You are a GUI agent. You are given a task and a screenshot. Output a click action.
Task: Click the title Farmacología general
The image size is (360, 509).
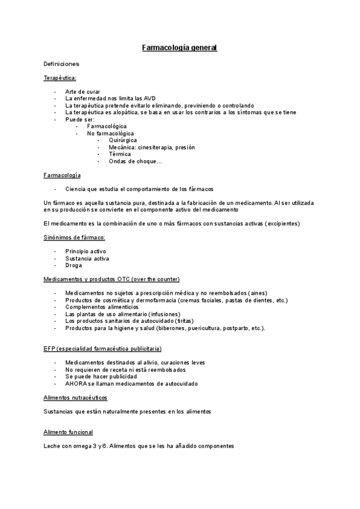pyautogui.click(x=179, y=47)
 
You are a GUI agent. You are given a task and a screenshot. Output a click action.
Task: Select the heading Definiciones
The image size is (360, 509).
pyautogui.click(x=62, y=63)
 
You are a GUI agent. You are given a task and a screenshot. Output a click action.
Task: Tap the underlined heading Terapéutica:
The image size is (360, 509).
pyautogui.click(x=60, y=77)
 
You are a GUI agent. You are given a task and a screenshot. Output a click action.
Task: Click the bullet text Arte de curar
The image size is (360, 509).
pyautogui.click(x=83, y=91)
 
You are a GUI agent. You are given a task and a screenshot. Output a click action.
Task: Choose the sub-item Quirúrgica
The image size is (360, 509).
pyautogui.click(x=122, y=140)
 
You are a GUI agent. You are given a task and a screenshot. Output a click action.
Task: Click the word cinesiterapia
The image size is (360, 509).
pyautogui.click(x=155, y=147)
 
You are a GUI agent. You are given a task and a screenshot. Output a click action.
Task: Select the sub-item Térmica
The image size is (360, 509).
pyautogui.click(x=119, y=154)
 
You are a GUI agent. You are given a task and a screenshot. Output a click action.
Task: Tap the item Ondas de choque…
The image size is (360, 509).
pyautogui.click(x=135, y=161)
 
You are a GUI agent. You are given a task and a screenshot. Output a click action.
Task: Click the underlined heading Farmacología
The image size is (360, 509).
pyautogui.click(x=62, y=175)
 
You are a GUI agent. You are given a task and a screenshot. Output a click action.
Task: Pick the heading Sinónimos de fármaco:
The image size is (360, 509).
pyautogui.click(x=74, y=238)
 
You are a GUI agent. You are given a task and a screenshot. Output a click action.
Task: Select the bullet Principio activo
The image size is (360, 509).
pyautogui.click(x=86, y=251)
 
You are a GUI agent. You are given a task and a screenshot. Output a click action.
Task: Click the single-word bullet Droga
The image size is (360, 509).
pyautogui.click(x=74, y=265)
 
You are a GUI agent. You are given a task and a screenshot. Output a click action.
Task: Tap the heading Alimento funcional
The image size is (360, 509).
pyautogui.click(x=68, y=432)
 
